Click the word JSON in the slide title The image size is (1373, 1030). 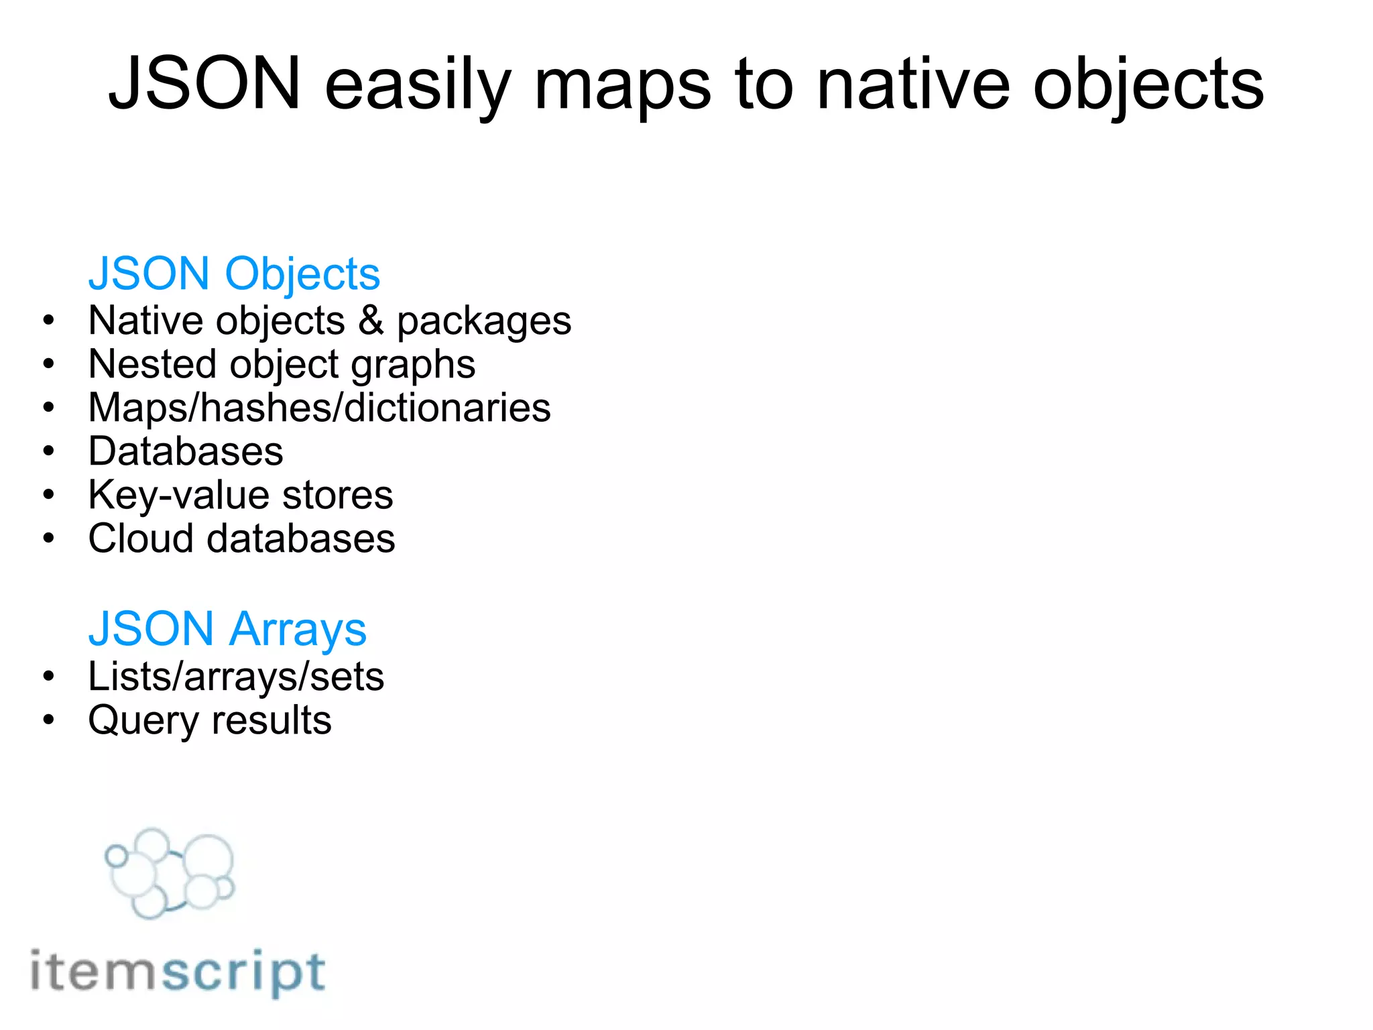click(x=204, y=84)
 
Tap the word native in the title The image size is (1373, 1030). click(x=912, y=84)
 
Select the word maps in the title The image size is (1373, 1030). click(x=621, y=87)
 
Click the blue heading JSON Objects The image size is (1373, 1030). click(x=234, y=274)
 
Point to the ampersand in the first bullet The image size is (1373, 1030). click(x=371, y=320)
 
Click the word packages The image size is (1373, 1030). click(x=484, y=323)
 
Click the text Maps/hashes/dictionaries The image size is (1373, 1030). click(x=319, y=408)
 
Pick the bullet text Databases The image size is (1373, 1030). click(x=186, y=451)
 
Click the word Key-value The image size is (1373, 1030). click(x=178, y=496)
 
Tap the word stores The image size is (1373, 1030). click(x=337, y=496)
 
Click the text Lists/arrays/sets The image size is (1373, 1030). click(x=236, y=677)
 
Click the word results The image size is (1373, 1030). click(x=271, y=720)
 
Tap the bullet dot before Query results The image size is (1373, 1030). click(x=48, y=720)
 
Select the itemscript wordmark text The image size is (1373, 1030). click(x=178, y=972)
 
